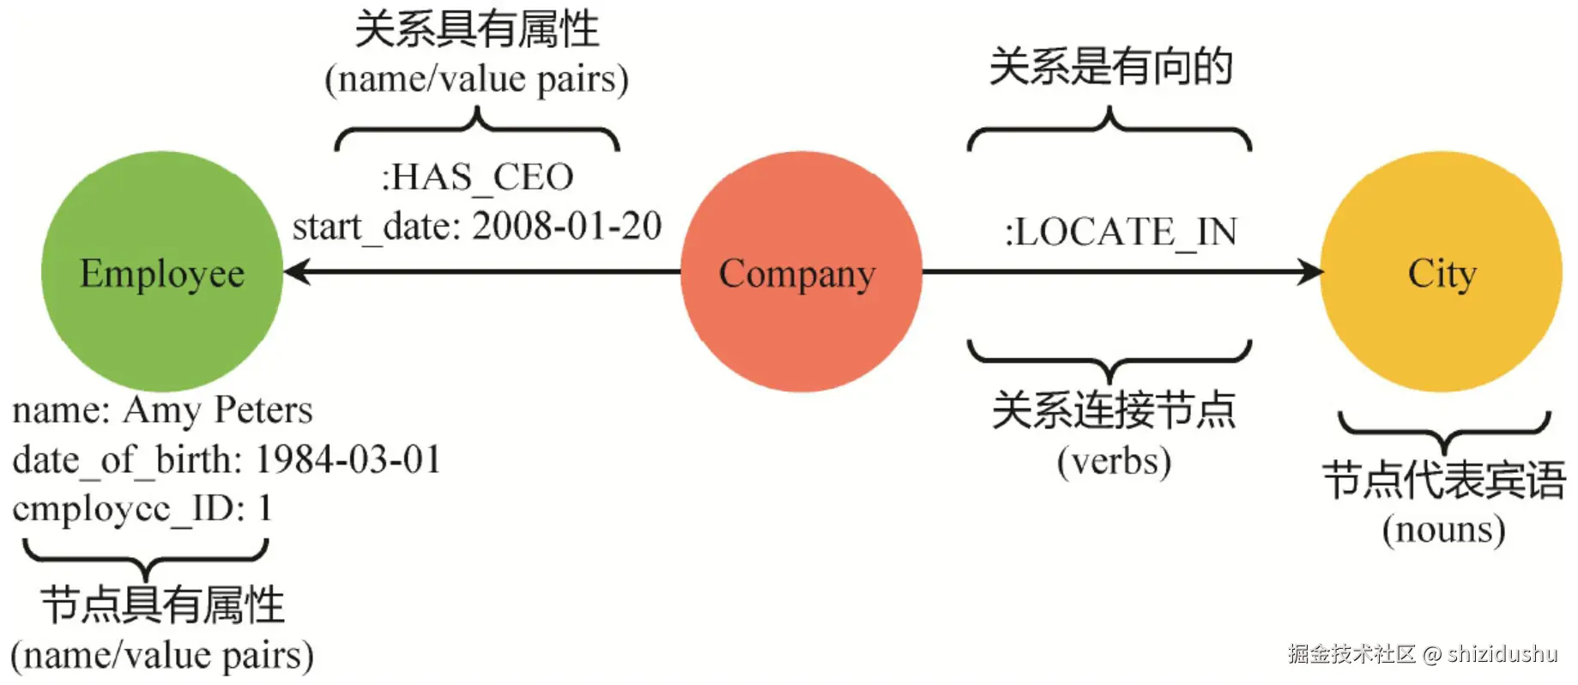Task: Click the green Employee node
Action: pyautogui.click(x=161, y=272)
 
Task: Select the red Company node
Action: pyautogui.click(x=800, y=272)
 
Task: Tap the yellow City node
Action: pyautogui.click(x=1441, y=272)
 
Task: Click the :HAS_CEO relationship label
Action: pyautogui.click(x=477, y=178)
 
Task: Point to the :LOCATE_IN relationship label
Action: pyautogui.click(x=1121, y=232)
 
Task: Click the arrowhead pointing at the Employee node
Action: pyautogui.click(x=296, y=272)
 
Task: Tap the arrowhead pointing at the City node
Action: pyautogui.click(x=1310, y=272)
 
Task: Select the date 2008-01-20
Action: pyautogui.click(x=567, y=227)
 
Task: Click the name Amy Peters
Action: pyautogui.click(x=218, y=410)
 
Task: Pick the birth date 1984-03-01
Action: pyautogui.click(x=348, y=460)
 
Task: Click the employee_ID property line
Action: pyautogui.click(x=142, y=508)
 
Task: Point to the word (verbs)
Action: pyautogui.click(x=1114, y=462)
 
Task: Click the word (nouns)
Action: pyautogui.click(x=1443, y=530)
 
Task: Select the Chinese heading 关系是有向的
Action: pyautogui.click(x=1110, y=67)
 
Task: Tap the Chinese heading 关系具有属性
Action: pyautogui.click(x=477, y=29)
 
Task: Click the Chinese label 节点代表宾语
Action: pyautogui.click(x=1444, y=480)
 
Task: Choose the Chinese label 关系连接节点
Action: pyautogui.click(x=1114, y=410)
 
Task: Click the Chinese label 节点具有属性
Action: pyautogui.click(x=162, y=605)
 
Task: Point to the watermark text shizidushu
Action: pyautogui.click(x=1502, y=654)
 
